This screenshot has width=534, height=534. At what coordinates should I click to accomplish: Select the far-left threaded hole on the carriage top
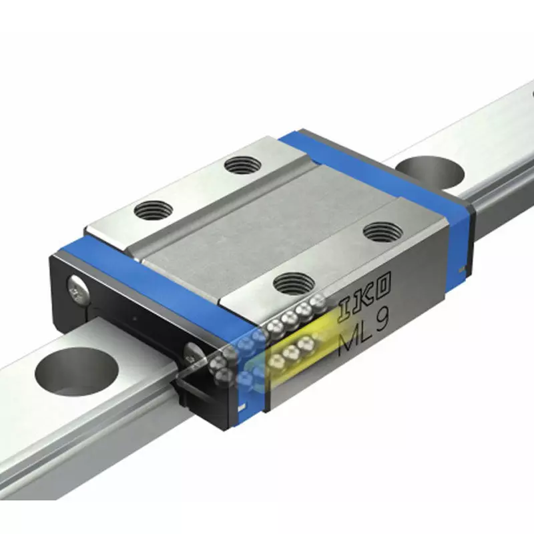point(153,211)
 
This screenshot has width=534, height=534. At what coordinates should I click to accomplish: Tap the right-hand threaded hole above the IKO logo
point(382,232)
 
